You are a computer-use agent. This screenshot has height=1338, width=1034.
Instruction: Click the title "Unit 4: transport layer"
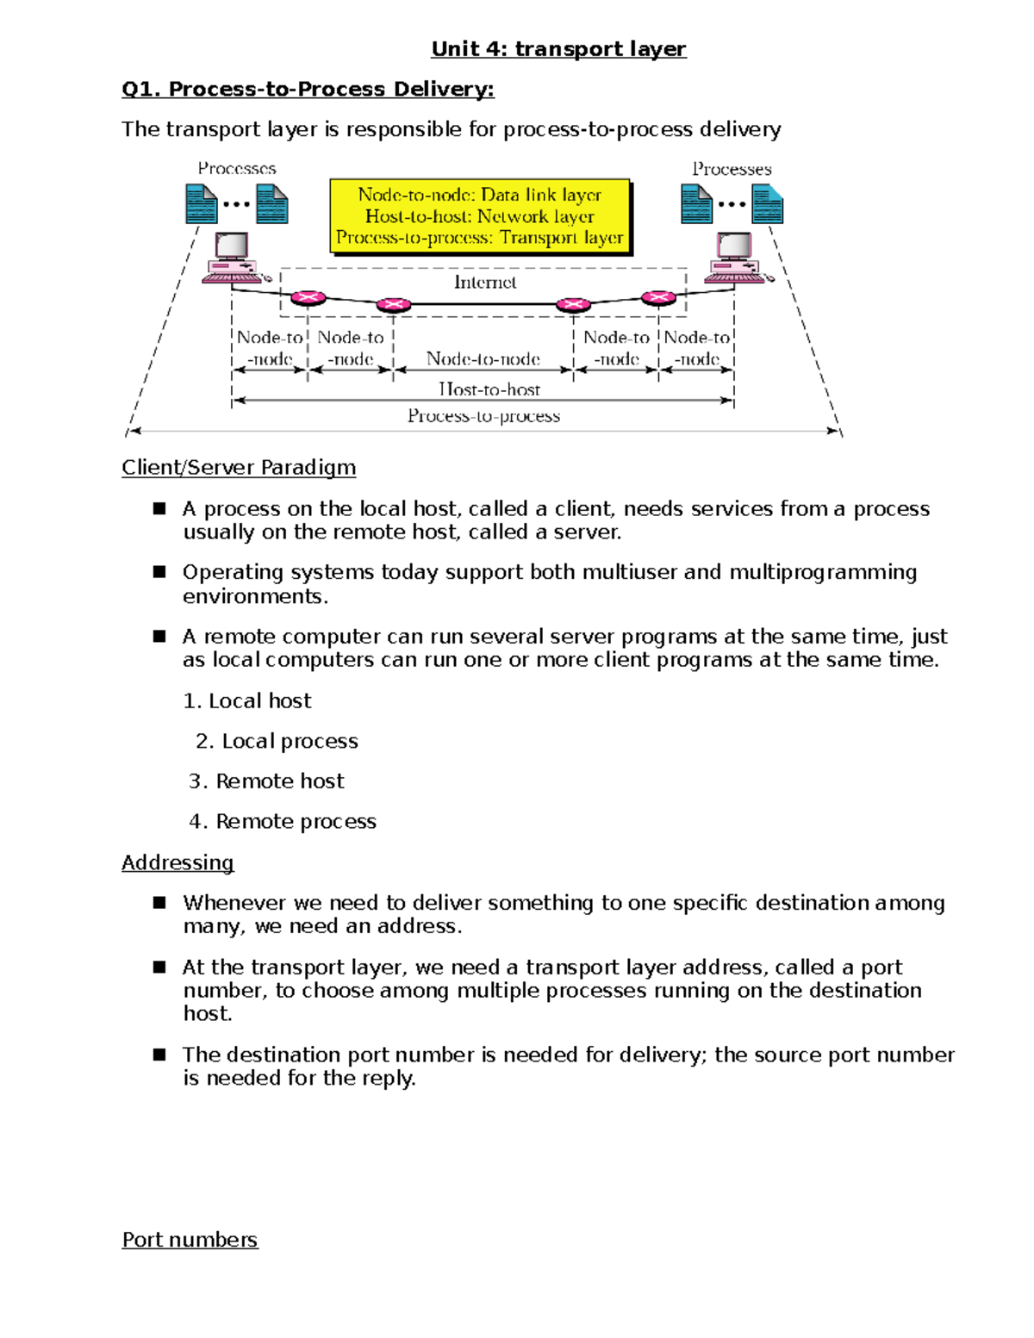558,49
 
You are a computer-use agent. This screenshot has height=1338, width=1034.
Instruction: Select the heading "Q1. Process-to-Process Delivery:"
308,90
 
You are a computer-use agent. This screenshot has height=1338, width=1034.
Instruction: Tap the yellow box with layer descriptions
480,216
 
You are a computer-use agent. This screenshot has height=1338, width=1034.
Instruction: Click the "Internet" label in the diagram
484,283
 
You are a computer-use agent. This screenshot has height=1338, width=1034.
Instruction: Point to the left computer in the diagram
231,258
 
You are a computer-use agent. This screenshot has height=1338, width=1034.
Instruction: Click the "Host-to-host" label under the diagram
489,389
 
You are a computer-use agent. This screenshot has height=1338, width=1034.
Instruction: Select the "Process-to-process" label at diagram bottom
483,416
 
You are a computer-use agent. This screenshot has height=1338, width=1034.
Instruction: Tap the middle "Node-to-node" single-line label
483,359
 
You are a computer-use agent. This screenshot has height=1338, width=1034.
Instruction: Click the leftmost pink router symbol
308,298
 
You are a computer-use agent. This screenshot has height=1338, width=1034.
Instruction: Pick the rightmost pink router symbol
658,298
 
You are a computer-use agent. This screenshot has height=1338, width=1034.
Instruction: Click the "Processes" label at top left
237,169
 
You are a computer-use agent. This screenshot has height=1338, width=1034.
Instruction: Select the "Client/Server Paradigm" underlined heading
239,468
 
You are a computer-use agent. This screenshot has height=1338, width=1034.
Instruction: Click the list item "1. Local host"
247,701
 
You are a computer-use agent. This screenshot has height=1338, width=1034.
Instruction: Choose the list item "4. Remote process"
283,822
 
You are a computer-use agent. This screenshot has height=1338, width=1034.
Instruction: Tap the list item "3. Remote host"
266,781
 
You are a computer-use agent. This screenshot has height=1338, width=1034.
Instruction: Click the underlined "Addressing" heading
178,863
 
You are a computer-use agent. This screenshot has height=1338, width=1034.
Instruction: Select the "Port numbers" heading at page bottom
190,1240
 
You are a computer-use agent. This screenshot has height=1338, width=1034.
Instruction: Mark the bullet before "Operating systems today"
159,572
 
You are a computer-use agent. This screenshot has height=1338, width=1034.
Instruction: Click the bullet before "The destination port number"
159,1055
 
